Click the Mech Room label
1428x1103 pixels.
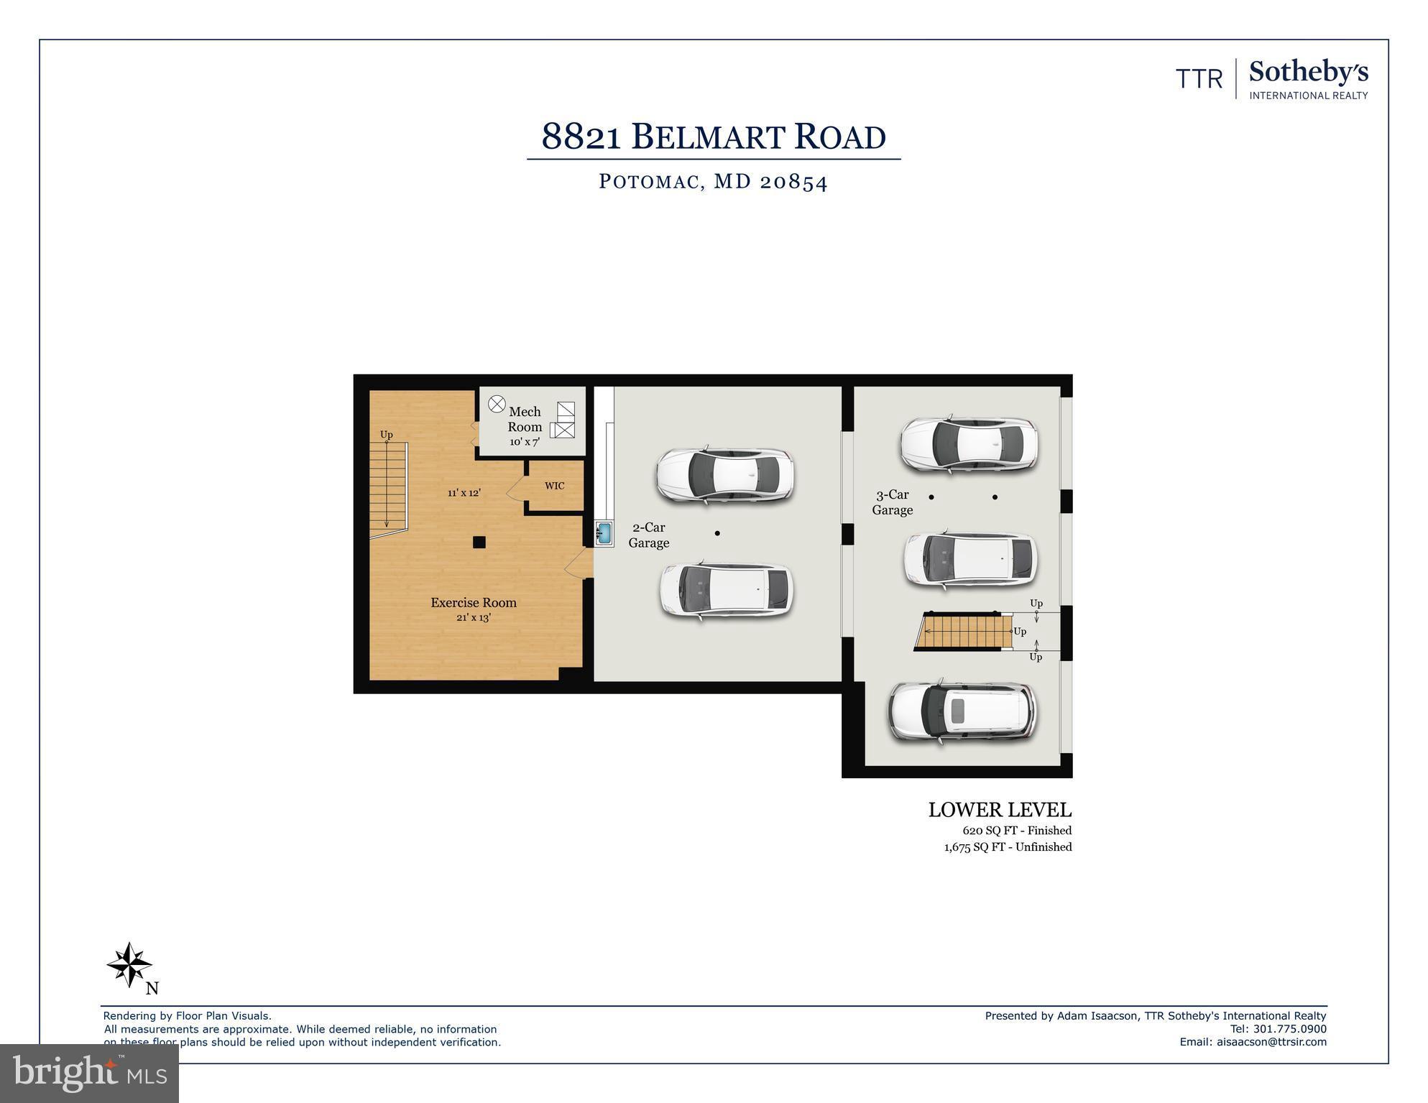[525, 420]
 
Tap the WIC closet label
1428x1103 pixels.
[554, 486]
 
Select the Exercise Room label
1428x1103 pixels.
[474, 603]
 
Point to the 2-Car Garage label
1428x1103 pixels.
[648, 535]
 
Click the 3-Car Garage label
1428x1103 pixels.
[892, 502]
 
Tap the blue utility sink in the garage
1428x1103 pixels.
[604, 533]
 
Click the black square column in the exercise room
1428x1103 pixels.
[479, 543]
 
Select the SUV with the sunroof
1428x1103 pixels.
[962, 711]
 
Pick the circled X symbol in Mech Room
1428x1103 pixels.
[497, 405]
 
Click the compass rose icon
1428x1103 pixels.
[129, 964]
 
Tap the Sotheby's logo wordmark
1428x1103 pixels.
[1308, 72]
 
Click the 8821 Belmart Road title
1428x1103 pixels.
[713, 137]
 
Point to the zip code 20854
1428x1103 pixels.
[793, 181]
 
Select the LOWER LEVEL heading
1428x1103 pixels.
[999, 810]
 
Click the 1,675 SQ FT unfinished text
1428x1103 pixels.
[1008, 847]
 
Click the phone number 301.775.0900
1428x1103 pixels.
[1289, 1029]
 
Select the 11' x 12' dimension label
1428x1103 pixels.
[464, 493]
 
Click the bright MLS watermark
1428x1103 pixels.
[89, 1073]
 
